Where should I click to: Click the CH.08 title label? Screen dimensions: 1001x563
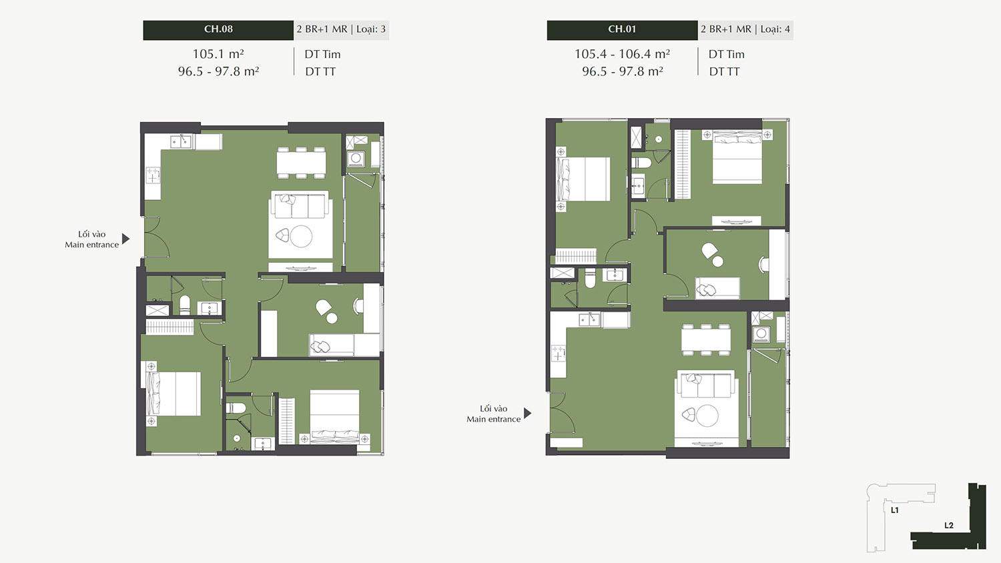pos(218,29)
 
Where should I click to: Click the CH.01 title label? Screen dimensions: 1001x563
pos(621,29)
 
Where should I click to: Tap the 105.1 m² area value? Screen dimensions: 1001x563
pos(218,54)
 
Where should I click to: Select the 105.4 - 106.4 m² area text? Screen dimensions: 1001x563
pos(621,54)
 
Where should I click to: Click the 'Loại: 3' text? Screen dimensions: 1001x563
pos(370,29)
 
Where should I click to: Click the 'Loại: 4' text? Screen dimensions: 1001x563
pos(775,29)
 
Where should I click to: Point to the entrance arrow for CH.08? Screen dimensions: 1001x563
pos(126,239)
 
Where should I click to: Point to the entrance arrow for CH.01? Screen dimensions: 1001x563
pos(528,414)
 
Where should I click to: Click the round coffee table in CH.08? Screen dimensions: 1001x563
pos(301,236)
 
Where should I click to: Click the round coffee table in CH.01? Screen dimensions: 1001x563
pos(707,416)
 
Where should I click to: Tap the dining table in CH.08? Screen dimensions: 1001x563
pos(301,163)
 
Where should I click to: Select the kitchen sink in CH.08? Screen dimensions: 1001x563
pos(181,142)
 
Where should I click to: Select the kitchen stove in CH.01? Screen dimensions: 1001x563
pos(558,354)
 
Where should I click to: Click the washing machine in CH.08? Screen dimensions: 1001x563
pos(356,158)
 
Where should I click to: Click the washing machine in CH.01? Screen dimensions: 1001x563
pos(761,334)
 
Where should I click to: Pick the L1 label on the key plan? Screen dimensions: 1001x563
pos(895,510)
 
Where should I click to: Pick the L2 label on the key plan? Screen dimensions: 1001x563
pos(949,526)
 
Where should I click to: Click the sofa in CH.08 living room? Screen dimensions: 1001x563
pos(300,205)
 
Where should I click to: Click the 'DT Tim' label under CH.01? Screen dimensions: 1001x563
pos(726,55)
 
